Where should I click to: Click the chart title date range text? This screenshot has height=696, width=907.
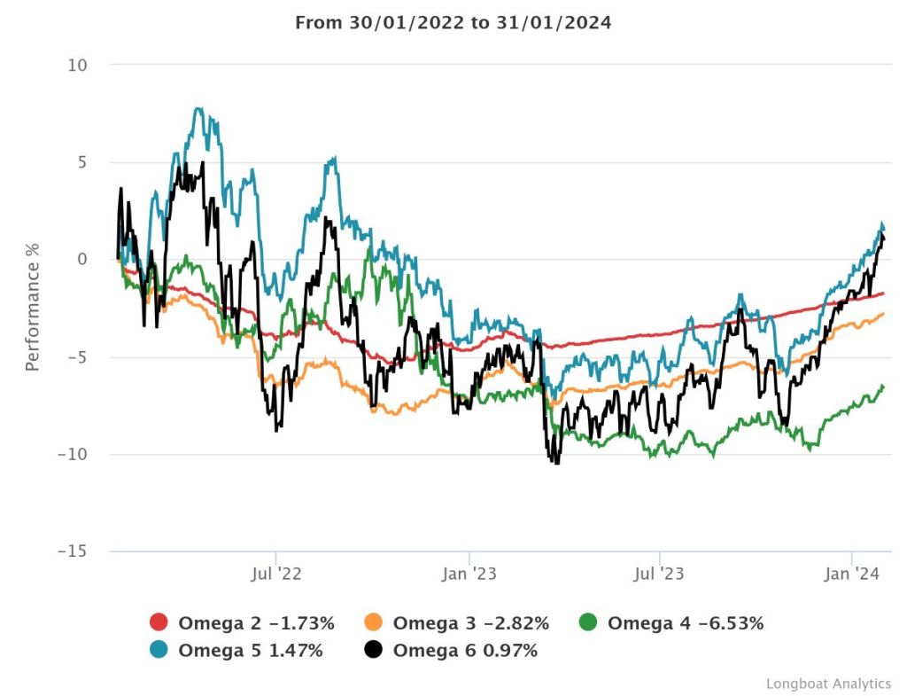pos(453,23)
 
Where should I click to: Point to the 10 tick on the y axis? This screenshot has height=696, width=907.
pos(78,66)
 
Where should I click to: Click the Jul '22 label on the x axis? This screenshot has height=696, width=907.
pos(277,575)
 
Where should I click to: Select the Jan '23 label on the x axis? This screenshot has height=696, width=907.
pos(469,575)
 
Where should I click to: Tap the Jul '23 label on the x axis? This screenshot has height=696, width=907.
pos(660,575)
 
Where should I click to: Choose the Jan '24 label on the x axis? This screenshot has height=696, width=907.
pos(851,575)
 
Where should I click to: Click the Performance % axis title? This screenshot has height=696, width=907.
pos(33,307)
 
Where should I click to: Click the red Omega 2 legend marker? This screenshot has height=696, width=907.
pos(159,623)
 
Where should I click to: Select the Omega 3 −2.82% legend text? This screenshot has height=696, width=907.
pos(471,623)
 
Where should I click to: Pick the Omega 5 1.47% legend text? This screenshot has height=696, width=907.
pos(251,651)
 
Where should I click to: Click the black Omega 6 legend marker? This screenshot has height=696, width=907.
pos(374,651)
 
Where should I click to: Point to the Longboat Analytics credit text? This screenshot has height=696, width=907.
pos(828,684)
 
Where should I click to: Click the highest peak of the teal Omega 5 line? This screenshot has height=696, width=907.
pos(198,108)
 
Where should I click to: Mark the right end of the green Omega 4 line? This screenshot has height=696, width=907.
pos(884,385)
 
